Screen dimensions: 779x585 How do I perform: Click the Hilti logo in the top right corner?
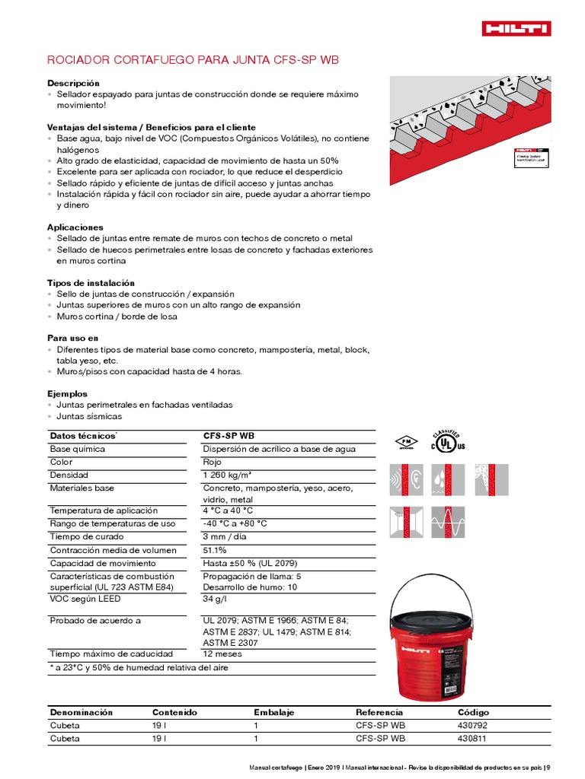pos(516,28)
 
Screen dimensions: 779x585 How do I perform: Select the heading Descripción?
pos(73,83)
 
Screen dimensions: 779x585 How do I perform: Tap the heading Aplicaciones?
pos(75,227)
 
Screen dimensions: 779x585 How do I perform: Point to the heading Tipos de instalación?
pos(91,283)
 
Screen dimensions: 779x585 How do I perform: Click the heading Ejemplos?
pos(68,394)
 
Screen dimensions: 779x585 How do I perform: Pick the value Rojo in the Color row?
pos(213,462)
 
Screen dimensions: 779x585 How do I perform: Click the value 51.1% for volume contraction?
pos(215,550)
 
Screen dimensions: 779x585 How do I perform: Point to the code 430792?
pos(472,725)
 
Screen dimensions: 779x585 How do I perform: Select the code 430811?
pos(472,738)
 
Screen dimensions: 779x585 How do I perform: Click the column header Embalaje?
pos(273,713)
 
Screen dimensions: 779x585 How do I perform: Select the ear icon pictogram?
pos(406,479)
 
